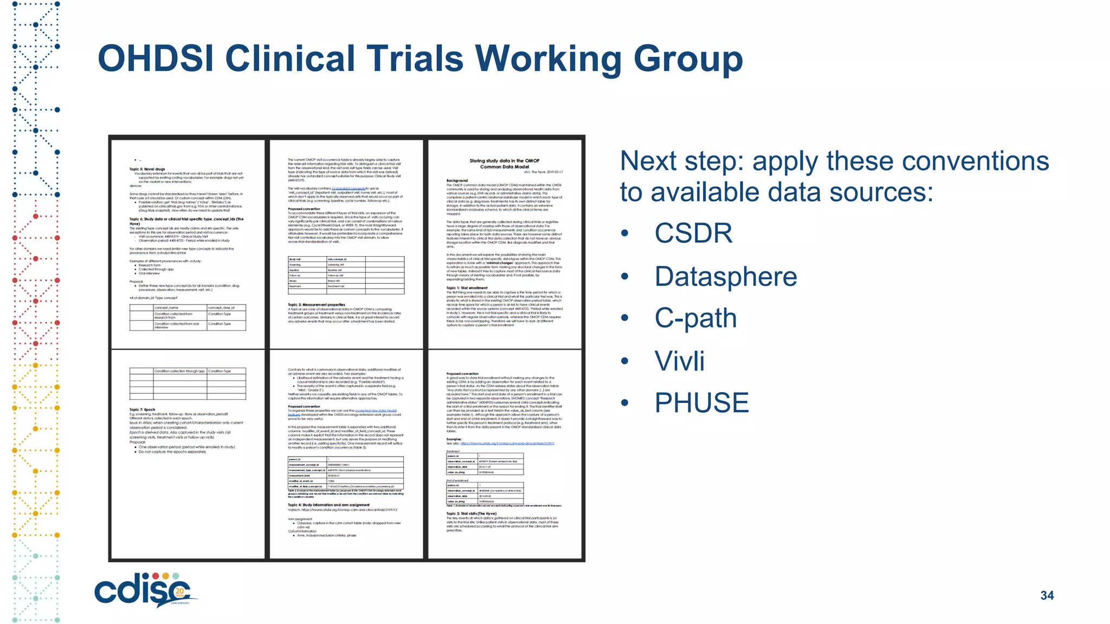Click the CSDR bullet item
point(693,233)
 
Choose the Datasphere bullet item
point(726,277)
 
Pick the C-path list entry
point(695,318)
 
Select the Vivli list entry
point(679,361)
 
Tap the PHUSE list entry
point(701,403)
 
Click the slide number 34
point(1047,596)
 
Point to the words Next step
point(682,161)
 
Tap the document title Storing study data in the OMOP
point(504,161)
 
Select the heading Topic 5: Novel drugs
point(147,169)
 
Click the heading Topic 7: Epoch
point(142,410)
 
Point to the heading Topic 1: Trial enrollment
point(467,288)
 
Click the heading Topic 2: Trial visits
point(471,513)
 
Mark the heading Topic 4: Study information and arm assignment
point(328,505)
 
